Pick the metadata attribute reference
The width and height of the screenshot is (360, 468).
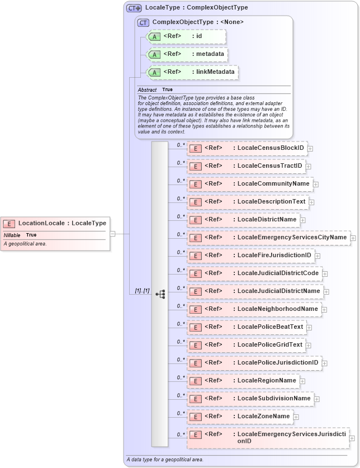187,54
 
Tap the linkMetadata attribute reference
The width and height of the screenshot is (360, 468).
192,72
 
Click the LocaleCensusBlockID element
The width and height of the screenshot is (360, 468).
247,148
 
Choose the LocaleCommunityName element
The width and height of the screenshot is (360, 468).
249,184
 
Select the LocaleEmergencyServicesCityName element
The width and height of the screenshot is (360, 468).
268,238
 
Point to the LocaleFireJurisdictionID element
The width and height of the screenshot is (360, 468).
250,256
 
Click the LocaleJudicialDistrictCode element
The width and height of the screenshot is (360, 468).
254,273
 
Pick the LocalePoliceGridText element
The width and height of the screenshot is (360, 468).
246,345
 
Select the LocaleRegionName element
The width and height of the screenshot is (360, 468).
243,381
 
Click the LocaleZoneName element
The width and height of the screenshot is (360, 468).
240,417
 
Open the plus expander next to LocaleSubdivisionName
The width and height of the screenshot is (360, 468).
316,399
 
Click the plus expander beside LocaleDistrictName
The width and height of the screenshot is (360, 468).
302,220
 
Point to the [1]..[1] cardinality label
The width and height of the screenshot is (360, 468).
143,291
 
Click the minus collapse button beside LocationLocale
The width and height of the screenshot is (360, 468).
112,234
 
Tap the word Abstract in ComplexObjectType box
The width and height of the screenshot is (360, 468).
147,89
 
